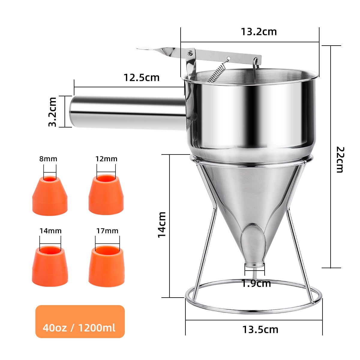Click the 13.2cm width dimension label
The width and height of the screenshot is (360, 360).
click(x=259, y=32)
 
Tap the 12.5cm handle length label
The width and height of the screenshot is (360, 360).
click(x=142, y=78)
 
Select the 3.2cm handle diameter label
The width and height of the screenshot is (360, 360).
click(x=53, y=112)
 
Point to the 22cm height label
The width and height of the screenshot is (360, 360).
click(x=339, y=159)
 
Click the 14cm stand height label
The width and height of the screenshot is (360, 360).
click(x=162, y=225)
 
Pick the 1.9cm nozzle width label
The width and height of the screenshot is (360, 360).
click(x=256, y=283)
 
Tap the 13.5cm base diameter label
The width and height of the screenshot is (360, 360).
click(x=260, y=330)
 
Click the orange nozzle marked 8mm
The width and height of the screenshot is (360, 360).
click(x=50, y=196)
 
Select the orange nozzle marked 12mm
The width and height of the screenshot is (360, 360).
click(x=106, y=194)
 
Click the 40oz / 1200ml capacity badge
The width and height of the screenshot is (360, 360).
click(x=80, y=322)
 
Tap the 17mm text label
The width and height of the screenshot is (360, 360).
click(x=107, y=231)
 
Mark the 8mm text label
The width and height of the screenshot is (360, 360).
click(x=48, y=159)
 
